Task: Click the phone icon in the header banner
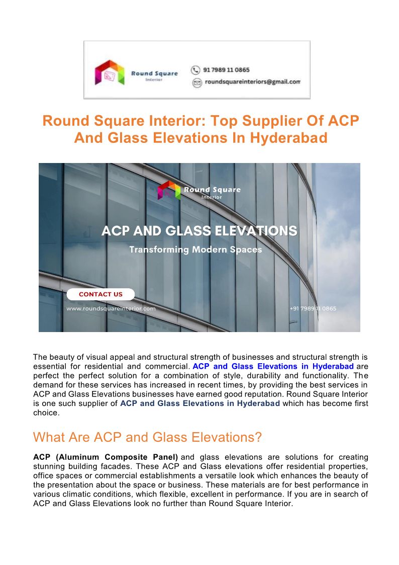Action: point(195,70)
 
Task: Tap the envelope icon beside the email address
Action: point(197,83)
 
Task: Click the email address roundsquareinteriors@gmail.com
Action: point(252,82)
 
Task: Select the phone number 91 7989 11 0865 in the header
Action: point(227,70)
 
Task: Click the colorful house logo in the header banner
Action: point(110,72)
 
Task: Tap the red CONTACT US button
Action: point(101,294)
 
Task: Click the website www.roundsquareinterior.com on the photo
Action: point(111,308)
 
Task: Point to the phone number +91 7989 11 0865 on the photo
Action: point(313,308)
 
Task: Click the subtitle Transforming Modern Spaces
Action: point(195,250)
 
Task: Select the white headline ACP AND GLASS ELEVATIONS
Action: point(199,231)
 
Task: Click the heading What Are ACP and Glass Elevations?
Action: point(147,437)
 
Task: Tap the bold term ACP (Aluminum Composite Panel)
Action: point(106,457)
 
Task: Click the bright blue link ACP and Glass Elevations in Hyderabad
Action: point(273,366)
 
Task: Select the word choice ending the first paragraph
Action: point(46,413)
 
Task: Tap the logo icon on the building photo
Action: point(169,190)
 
